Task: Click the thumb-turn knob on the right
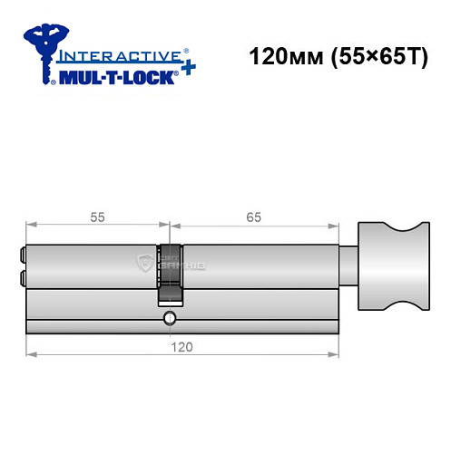click(392, 265)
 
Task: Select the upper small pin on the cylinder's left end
click(21, 256)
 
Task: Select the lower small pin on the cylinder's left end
click(21, 274)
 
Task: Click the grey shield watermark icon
click(145, 264)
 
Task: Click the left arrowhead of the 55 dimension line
click(30, 226)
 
